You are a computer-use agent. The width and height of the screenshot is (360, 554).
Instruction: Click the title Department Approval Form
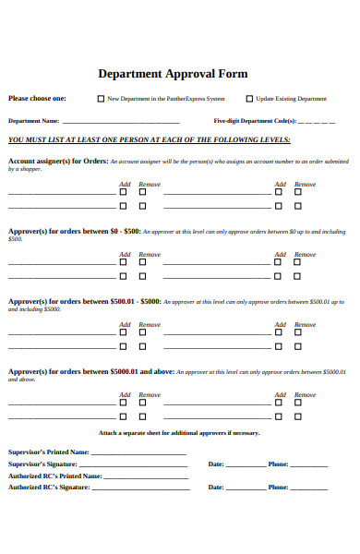[173, 74]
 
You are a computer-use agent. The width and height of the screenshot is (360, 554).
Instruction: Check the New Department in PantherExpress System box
[102, 98]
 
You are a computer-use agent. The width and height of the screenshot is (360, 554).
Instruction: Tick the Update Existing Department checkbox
[249, 98]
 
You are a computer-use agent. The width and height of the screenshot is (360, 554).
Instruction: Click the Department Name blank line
[121, 121]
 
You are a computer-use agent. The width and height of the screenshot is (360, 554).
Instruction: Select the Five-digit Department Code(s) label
[255, 121]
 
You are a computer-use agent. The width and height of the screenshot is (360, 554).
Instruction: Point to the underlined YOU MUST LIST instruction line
[150, 139]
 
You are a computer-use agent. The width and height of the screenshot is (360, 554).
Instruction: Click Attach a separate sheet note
[179, 432]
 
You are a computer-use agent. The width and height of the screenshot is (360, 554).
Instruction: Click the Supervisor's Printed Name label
[49, 452]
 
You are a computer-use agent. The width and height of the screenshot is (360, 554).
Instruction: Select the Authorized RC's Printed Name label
[54, 476]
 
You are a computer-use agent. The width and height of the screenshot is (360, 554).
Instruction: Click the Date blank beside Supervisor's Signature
[245, 464]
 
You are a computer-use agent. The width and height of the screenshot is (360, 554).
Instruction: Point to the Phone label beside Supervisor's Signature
[278, 464]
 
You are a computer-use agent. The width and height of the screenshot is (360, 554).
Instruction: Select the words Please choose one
[37, 98]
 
